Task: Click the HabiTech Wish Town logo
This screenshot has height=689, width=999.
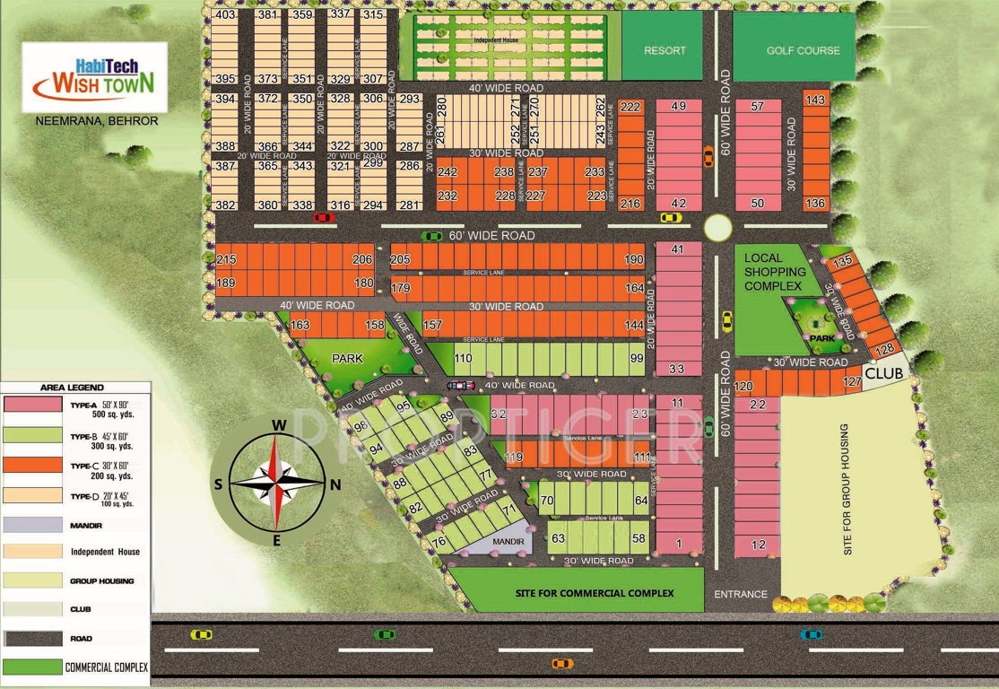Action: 93,77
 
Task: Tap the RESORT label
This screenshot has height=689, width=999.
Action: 665,50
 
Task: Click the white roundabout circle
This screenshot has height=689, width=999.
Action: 717,228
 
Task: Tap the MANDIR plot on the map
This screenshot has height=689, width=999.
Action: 508,541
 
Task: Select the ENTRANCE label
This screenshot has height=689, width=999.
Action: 741,594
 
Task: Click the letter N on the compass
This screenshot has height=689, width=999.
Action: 335,485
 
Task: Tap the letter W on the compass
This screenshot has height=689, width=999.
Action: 279,425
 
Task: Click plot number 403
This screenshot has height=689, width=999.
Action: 225,15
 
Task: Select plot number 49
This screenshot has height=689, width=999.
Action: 679,106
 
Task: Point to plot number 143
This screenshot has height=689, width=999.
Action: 815,100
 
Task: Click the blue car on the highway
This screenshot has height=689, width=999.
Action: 811,634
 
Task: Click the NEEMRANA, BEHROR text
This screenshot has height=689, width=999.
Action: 94,120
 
